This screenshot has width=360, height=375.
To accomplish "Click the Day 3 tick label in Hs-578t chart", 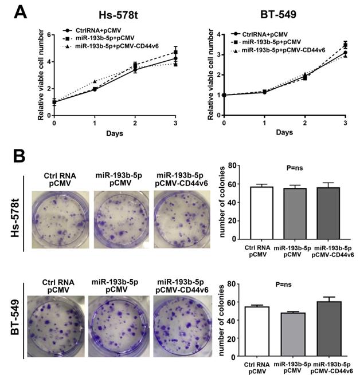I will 175,123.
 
